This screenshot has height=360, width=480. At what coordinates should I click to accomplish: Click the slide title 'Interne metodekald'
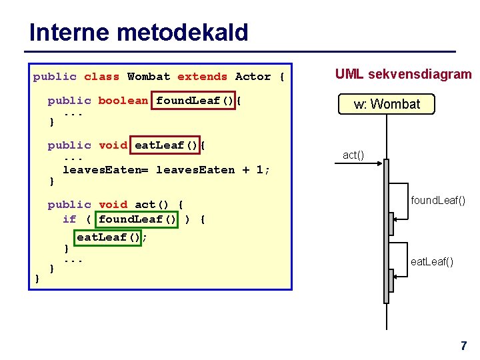[139, 32]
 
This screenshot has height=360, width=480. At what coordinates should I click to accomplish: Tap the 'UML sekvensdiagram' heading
[403, 75]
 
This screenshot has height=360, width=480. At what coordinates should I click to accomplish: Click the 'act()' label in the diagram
[353, 155]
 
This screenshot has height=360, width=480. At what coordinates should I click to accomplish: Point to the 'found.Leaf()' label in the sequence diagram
[438, 200]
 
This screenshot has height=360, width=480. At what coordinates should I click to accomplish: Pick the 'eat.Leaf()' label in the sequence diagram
[432, 262]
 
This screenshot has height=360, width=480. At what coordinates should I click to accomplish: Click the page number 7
[463, 346]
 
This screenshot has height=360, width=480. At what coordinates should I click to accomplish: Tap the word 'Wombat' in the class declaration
[149, 77]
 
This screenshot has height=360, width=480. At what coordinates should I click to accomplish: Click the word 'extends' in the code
[202, 77]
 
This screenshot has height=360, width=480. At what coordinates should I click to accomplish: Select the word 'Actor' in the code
[253, 77]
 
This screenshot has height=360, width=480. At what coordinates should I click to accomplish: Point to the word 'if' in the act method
[69, 219]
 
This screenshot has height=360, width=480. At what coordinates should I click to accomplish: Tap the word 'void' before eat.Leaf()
[113, 145]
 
